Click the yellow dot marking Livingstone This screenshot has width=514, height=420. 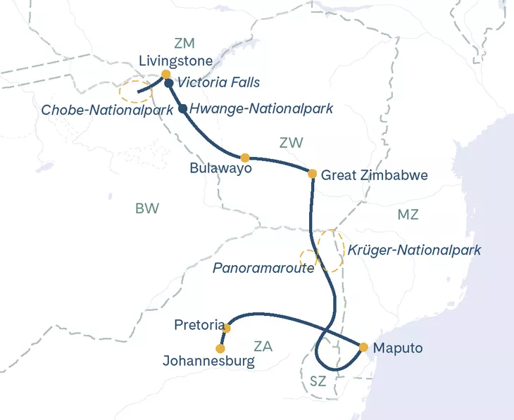[x=165, y=74]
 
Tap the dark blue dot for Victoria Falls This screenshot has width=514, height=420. [x=169, y=84]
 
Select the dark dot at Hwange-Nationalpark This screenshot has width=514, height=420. [x=182, y=109]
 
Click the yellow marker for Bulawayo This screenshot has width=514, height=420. [x=245, y=158]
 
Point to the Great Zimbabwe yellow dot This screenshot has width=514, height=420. [x=312, y=173]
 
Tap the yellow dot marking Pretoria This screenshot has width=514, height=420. [x=227, y=328]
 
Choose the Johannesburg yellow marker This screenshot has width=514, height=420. [x=220, y=348]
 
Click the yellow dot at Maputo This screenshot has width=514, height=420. [x=363, y=347]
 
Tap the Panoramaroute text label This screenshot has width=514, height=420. [x=263, y=268]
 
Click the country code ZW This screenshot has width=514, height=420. [x=291, y=143]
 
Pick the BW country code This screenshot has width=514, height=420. [x=147, y=208]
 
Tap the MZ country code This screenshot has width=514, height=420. [x=408, y=215]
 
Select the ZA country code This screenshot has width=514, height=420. [x=263, y=346]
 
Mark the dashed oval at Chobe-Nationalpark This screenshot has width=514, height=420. [x=135, y=91]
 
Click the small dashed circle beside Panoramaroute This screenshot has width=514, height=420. [x=308, y=258]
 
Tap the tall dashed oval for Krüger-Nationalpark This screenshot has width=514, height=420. [x=330, y=250]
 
